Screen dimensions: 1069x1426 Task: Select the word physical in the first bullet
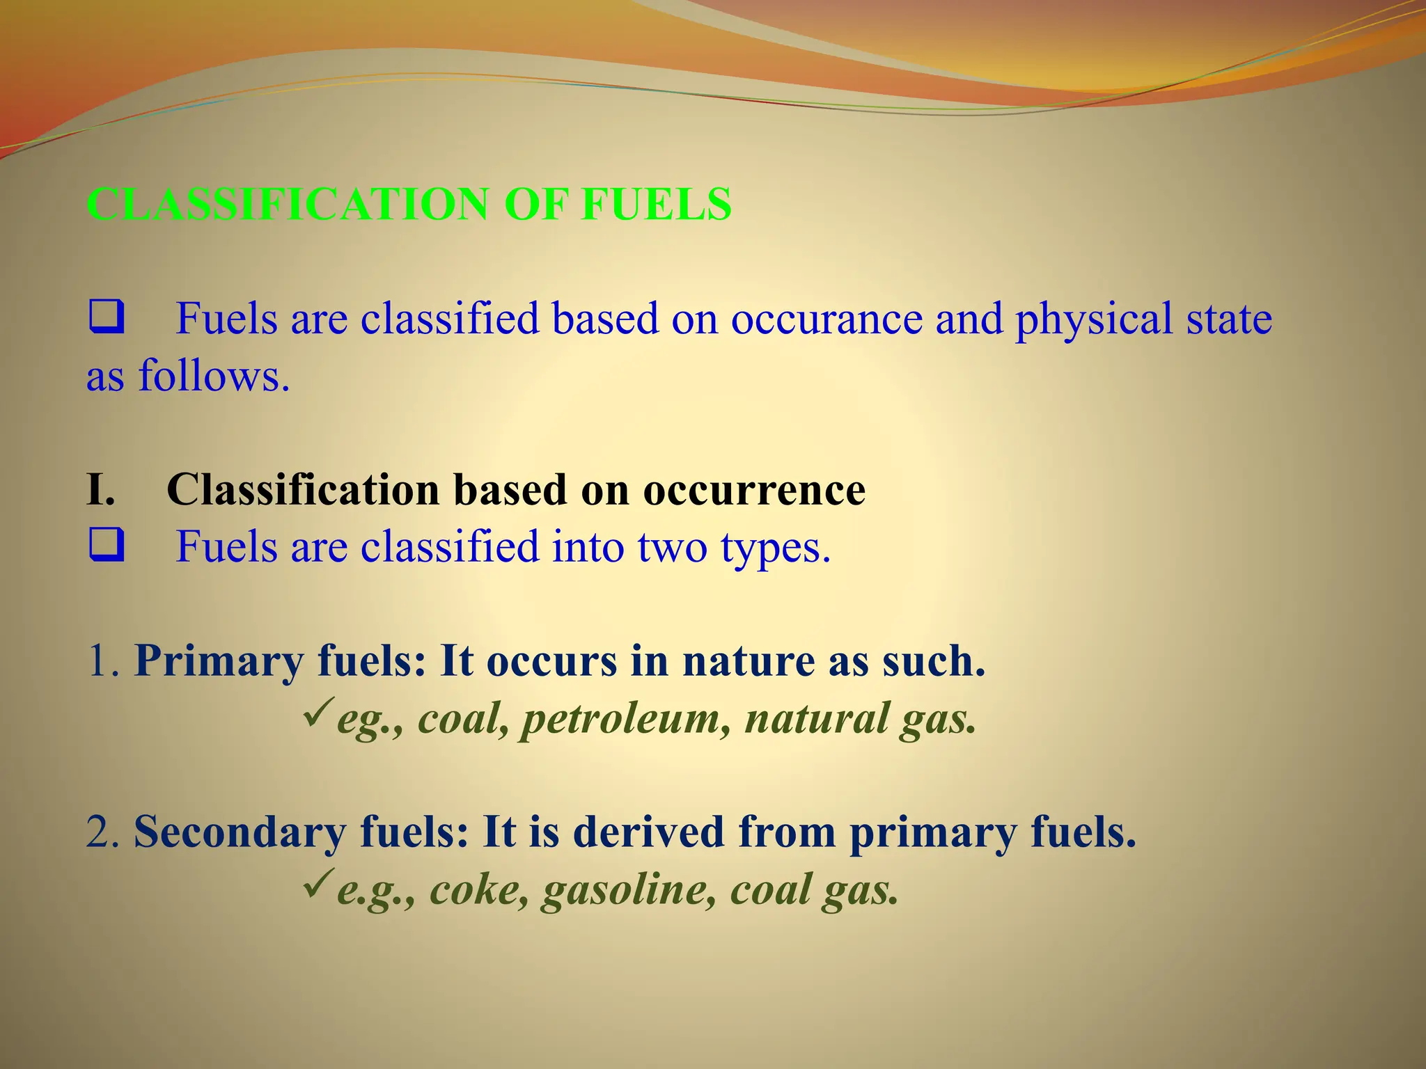[x=1093, y=320]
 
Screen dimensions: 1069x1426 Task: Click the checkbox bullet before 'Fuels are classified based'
[x=107, y=317]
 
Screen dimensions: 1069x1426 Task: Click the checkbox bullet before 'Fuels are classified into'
[x=107, y=545]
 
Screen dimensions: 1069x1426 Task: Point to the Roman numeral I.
[x=100, y=489]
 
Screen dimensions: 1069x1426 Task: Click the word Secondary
[x=240, y=833]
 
